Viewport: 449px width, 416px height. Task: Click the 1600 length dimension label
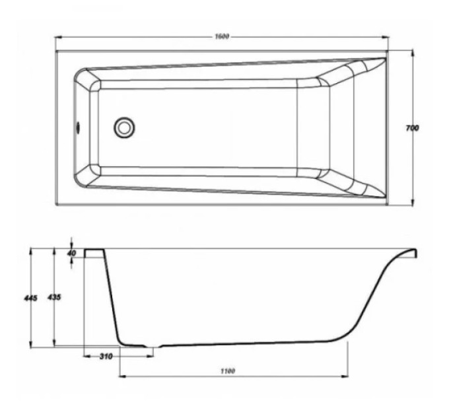[x=223, y=36]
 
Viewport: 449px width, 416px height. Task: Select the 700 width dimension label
[x=412, y=128]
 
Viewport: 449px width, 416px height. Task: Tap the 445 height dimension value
[x=30, y=298]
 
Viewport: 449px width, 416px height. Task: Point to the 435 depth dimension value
[x=54, y=297]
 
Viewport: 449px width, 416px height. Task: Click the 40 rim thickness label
[x=73, y=253]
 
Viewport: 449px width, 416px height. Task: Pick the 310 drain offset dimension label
[x=106, y=357]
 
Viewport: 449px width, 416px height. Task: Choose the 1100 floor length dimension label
[x=228, y=371]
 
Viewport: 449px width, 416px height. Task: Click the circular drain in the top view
[x=124, y=127]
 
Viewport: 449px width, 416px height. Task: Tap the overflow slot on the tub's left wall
[x=77, y=127]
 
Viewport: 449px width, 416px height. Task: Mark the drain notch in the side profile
[x=153, y=347]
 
